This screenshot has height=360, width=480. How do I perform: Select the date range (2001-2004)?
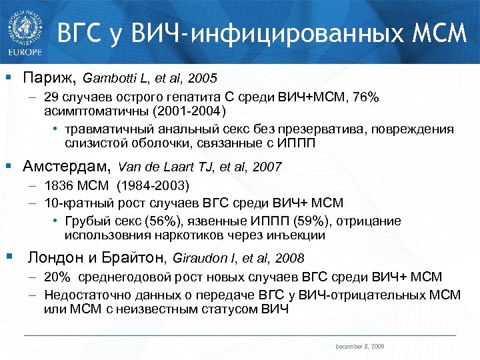pyautogui.click(x=195, y=111)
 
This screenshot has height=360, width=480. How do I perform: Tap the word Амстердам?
pyautogui.click(x=67, y=166)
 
